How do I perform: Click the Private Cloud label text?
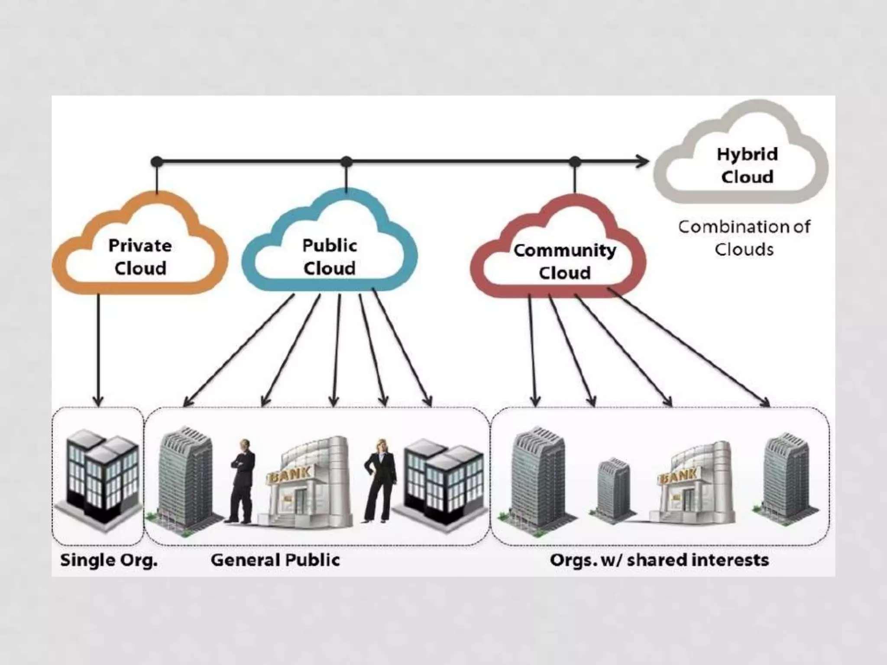pyautogui.click(x=140, y=257)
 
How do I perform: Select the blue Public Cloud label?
pyautogui.click(x=330, y=257)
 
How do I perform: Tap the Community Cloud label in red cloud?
pyautogui.click(x=564, y=261)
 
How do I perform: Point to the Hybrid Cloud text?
pyautogui.click(x=747, y=165)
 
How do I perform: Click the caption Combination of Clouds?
pyautogui.click(x=744, y=238)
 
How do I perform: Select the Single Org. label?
pyautogui.click(x=109, y=560)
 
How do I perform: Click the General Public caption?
pyautogui.click(x=275, y=560)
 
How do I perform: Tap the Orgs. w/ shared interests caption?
pyautogui.click(x=659, y=560)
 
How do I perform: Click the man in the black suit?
pyautogui.click(x=243, y=481)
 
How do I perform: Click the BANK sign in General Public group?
pyautogui.click(x=290, y=475)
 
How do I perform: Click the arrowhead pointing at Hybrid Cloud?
pyautogui.click(x=643, y=162)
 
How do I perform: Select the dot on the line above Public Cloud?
pyautogui.click(x=346, y=162)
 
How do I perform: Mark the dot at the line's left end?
pyautogui.click(x=157, y=162)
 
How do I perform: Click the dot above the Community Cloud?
pyautogui.click(x=574, y=162)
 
